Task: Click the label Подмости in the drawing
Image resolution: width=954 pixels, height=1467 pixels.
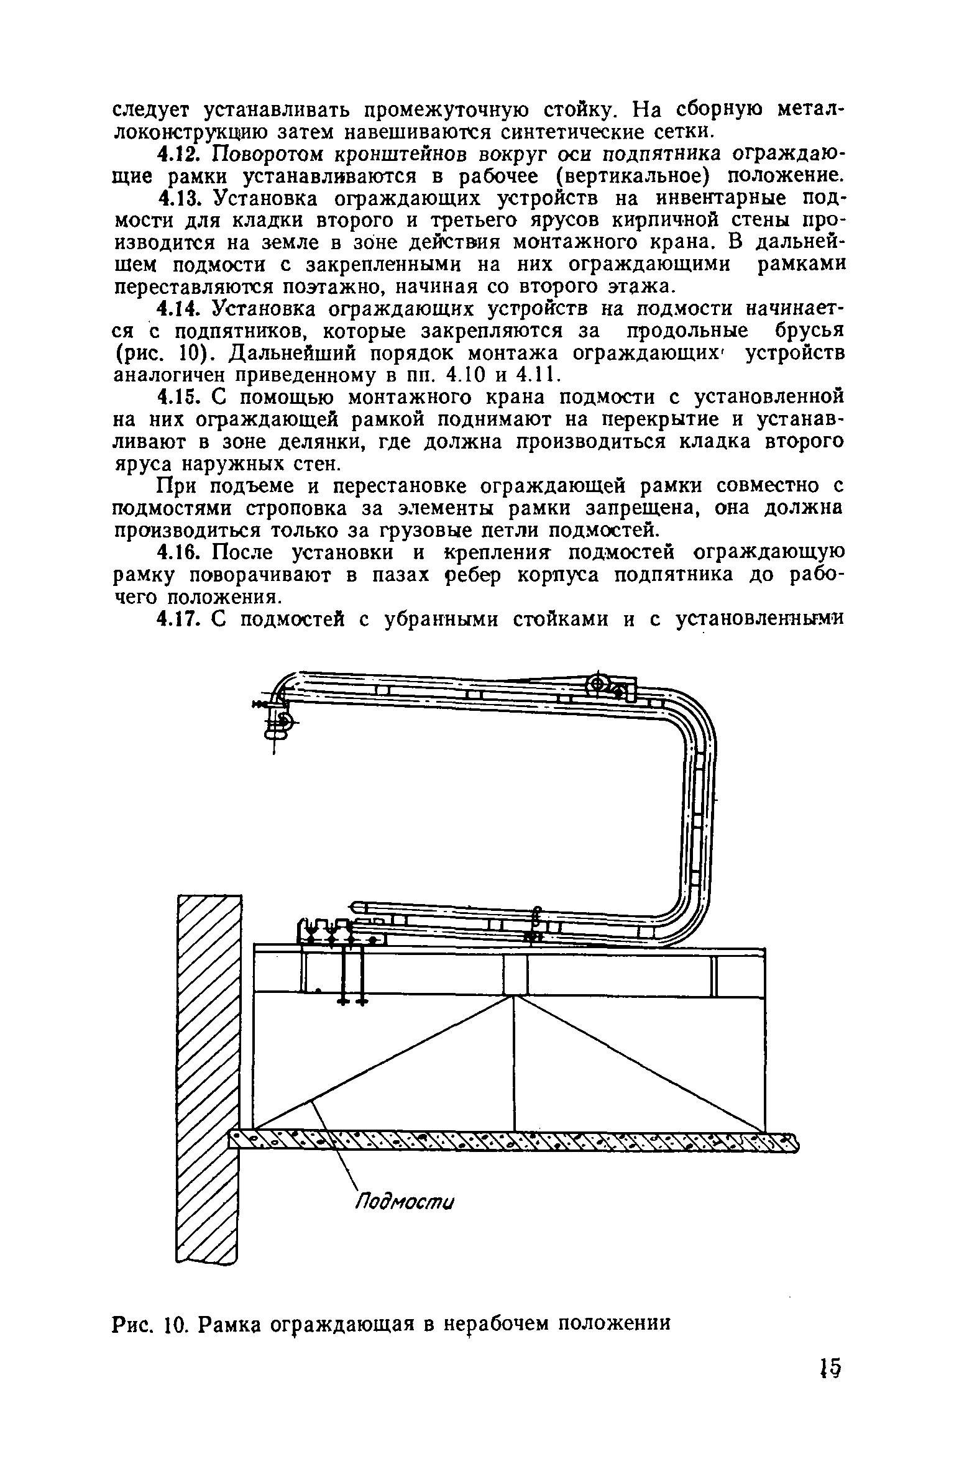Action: (405, 1202)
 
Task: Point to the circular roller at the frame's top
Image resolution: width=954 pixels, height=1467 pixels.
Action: (597, 684)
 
